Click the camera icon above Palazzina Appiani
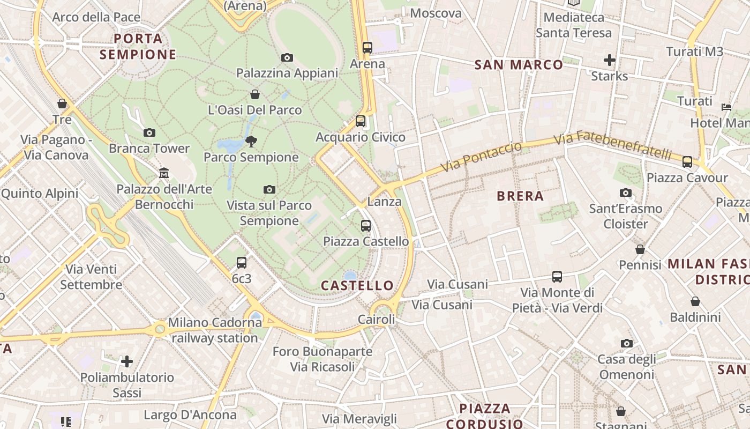[287, 57]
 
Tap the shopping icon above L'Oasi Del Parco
[255, 94]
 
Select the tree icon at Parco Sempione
[251, 142]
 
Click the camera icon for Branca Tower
[149, 132]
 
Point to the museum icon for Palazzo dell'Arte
[164, 173]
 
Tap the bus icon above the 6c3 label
[242, 263]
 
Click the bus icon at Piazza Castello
[366, 226]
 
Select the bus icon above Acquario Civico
[361, 121]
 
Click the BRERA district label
[520, 196]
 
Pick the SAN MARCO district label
[519, 65]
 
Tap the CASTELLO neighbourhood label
[357, 285]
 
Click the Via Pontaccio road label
[481, 157]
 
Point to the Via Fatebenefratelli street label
[612, 146]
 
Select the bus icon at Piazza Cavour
[687, 161]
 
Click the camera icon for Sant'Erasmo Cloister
[626, 193]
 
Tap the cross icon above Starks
[610, 60]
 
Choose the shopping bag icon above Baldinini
[695, 301]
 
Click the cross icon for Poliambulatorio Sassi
[127, 361]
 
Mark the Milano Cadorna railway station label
[214, 330]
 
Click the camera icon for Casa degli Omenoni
[626, 343]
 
